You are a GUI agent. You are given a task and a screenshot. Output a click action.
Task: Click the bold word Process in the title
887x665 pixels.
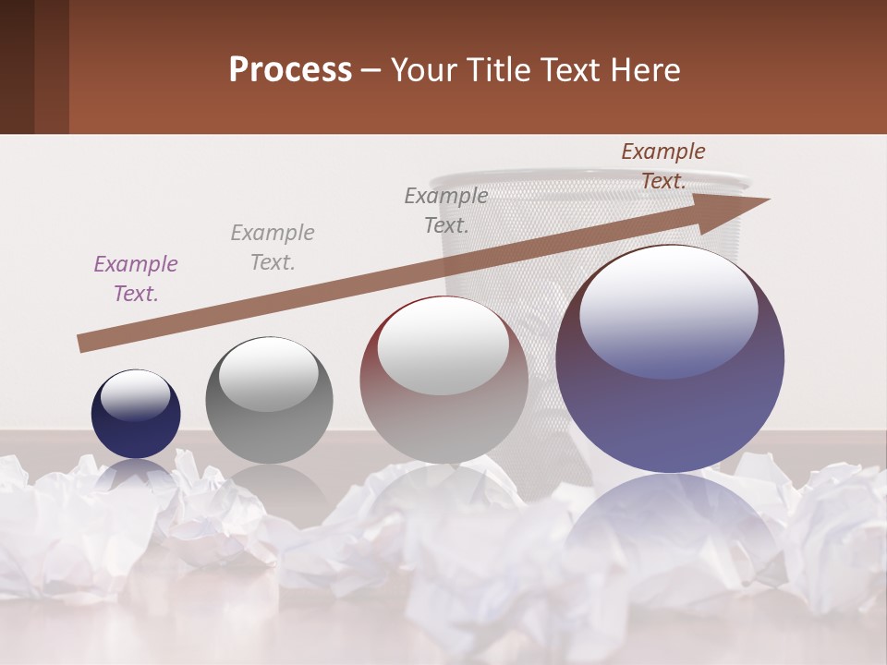pyautogui.click(x=290, y=70)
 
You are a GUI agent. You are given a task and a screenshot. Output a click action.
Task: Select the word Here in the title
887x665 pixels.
pyautogui.click(x=645, y=70)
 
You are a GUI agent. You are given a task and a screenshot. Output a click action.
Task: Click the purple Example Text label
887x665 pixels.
pyautogui.click(x=136, y=279)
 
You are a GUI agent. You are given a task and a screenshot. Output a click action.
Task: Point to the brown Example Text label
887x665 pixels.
pyautogui.click(x=663, y=166)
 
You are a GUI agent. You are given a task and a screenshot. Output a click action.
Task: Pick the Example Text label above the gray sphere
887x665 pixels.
pyautogui.click(x=273, y=248)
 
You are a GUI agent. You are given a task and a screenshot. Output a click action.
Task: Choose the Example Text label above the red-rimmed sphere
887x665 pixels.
pyautogui.click(x=446, y=210)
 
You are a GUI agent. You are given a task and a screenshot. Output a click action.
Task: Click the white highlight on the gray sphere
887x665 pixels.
pyautogui.click(x=269, y=374)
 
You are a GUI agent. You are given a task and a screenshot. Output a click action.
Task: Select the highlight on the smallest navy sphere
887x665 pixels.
pyautogui.click(x=136, y=395)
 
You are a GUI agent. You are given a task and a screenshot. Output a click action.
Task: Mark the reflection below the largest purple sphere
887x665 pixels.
pyautogui.click(x=670, y=526)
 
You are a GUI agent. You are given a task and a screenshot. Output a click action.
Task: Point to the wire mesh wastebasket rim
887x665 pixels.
pyautogui.click(x=591, y=176)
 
